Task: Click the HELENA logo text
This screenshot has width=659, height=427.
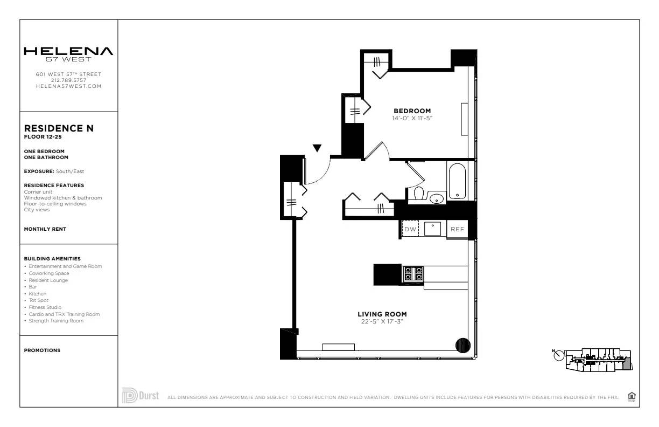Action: (68, 51)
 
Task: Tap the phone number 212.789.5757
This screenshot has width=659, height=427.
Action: (68, 80)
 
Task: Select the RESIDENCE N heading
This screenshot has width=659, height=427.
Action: (59, 128)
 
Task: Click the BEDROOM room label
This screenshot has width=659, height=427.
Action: (412, 111)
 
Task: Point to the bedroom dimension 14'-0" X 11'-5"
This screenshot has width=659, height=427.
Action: (412, 118)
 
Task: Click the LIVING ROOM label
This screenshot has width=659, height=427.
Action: (382, 314)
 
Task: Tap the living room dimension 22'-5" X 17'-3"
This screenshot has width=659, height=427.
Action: (382, 321)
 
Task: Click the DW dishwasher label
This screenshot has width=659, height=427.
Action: (410, 229)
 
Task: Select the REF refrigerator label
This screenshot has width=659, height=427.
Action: (457, 229)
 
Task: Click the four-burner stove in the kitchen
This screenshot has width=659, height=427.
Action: (413, 274)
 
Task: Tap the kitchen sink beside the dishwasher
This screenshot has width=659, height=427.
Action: (432, 229)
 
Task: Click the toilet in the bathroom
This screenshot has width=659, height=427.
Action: (419, 192)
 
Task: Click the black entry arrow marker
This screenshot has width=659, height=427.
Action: (318, 148)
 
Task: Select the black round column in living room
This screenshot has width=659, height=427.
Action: (463, 345)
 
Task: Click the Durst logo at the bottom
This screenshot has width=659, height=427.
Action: (141, 395)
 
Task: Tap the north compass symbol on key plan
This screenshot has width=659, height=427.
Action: (558, 355)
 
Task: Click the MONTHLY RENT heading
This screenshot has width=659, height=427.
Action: (45, 229)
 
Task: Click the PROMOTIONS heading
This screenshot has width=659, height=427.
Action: (42, 350)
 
